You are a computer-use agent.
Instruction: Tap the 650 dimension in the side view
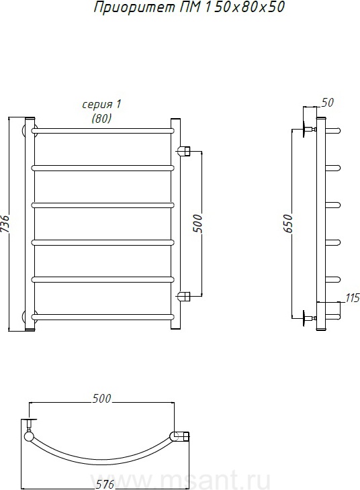[287, 224]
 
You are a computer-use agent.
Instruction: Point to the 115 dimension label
[353, 298]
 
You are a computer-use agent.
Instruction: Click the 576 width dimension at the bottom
[105, 484]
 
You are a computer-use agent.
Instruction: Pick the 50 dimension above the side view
[328, 102]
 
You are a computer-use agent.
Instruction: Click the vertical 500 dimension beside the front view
[197, 223]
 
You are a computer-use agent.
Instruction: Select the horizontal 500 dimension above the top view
[101, 399]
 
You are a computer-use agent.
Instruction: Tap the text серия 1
[101, 104]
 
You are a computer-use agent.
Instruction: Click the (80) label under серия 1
[101, 118]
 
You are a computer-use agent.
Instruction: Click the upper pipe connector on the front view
[184, 151]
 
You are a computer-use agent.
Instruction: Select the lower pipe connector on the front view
[184, 295]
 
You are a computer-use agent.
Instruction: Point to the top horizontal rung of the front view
[103, 131]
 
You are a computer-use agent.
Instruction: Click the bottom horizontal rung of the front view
[103, 317]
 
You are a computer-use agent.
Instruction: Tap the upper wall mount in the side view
[309, 129]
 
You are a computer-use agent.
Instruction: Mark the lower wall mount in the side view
[309, 318]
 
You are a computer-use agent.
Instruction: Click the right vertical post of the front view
[175, 224]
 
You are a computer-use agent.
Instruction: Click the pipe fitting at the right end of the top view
[181, 436]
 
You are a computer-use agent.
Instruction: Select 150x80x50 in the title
[244, 7]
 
